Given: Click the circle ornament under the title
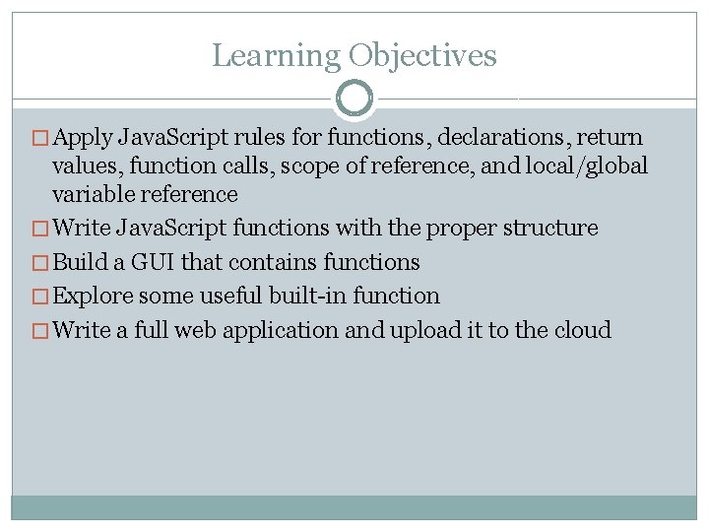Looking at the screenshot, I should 354,99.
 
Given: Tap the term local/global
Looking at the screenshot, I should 587,166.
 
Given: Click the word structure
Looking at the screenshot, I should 554,229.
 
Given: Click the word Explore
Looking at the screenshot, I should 94,296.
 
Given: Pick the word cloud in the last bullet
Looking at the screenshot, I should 581,329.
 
